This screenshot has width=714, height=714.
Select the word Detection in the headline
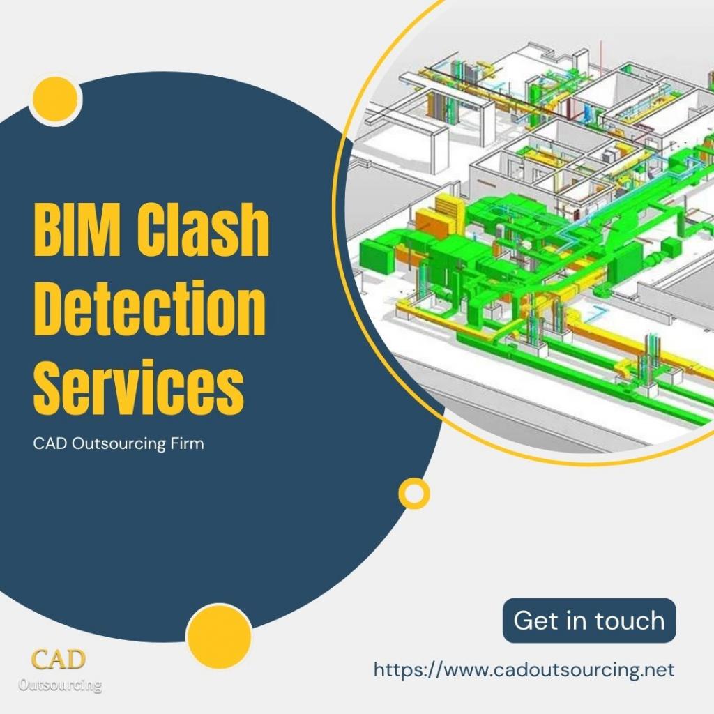[x=150, y=307]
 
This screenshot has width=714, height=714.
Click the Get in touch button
[x=588, y=620]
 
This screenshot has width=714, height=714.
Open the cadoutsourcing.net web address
[x=524, y=670]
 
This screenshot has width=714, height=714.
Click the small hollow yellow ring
[x=414, y=493]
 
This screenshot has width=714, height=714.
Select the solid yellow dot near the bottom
[x=219, y=637]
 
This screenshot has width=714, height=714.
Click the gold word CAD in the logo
[x=59, y=660]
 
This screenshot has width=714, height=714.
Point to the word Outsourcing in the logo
[x=60, y=685]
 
